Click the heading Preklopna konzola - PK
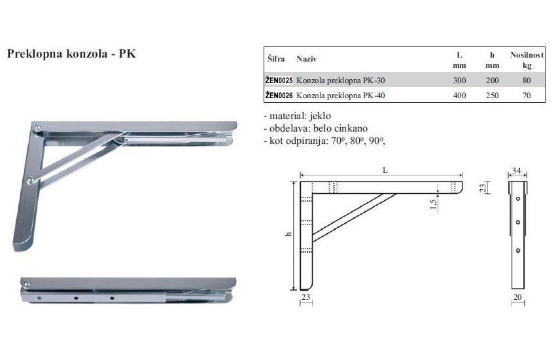click(x=71, y=54)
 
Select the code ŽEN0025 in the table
click(x=279, y=80)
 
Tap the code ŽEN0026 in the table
click(x=279, y=95)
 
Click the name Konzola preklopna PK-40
click(x=340, y=96)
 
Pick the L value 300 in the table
click(x=459, y=81)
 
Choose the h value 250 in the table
click(x=492, y=96)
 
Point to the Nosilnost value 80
click(x=527, y=81)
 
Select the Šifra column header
click(x=276, y=58)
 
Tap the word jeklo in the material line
click(x=321, y=116)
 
